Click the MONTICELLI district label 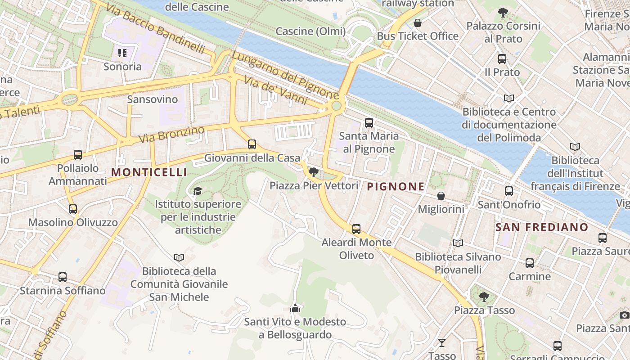pos(149,172)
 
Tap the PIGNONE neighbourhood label pos(396,186)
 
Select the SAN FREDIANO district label pos(542,227)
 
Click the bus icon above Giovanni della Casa pos(252,144)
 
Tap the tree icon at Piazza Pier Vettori pos(314,172)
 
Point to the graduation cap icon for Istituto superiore pos(197,191)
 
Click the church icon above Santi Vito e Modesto pos(295,308)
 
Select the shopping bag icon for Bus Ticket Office pos(418,23)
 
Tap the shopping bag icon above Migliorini pos(441,196)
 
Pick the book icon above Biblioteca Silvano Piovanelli pos(458,243)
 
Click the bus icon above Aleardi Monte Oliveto pos(356,229)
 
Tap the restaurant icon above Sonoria pos(122,53)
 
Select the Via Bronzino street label pos(171,135)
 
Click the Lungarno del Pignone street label pos(285,75)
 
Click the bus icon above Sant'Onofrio pos(509,191)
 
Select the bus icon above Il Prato pos(502,58)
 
